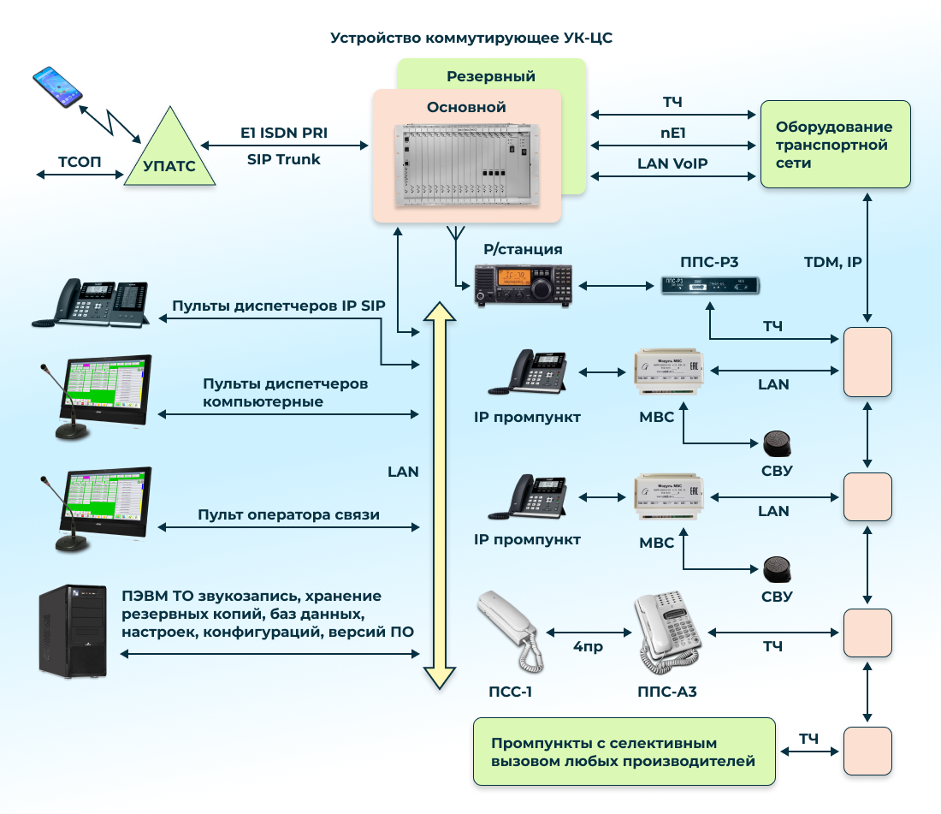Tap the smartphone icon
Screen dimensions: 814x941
coord(57,86)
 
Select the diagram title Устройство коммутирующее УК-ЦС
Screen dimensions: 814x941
coord(471,39)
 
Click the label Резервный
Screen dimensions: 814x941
coord(491,76)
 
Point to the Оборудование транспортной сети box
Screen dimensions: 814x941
coord(835,144)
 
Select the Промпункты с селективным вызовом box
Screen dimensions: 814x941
coord(624,752)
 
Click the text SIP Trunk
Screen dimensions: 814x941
coord(283,159)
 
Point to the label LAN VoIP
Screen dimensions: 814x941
coord(672,163)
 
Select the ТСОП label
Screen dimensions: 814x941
coord(80,160)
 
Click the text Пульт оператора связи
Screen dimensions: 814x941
coord(288,514)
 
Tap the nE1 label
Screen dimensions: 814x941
coord(672,133)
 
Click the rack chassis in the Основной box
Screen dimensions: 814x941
coord(468,166)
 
